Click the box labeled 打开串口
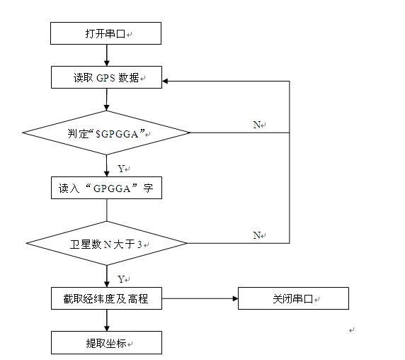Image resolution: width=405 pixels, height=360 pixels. coord(106,33)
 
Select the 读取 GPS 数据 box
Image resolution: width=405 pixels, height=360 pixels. coord(106,77)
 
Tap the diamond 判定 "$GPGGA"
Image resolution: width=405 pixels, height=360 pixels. coord(106,133)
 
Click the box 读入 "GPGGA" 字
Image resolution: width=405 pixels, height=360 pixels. coord(106,188)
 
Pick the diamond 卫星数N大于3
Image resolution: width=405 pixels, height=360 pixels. coord(106,243)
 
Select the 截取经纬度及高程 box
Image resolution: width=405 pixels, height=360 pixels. coord(106,298)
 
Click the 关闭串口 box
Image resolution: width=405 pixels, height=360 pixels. coord(293,298)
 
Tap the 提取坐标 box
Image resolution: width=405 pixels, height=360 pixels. coord(106,343)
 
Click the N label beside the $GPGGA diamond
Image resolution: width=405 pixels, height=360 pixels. coord(256,125)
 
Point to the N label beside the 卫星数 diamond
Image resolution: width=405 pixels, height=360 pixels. coord(256,235)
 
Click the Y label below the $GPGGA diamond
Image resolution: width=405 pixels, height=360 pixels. coord(121,169)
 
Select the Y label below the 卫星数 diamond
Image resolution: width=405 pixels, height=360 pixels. coord(121,279)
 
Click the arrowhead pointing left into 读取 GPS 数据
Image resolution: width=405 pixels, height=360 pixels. coord(165,81)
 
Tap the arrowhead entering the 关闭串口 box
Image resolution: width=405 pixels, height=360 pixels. coord(235,298)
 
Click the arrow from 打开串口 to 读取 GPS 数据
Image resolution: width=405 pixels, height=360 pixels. coord(107,55)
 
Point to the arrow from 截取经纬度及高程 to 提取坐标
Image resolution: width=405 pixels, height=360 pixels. coord(107,320)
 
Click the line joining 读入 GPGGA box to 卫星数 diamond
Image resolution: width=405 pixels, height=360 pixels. coord(107,210)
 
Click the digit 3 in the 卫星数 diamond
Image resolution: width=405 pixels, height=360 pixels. coord(139,244)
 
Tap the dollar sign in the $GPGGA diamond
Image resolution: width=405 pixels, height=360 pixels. coord(98,134)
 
